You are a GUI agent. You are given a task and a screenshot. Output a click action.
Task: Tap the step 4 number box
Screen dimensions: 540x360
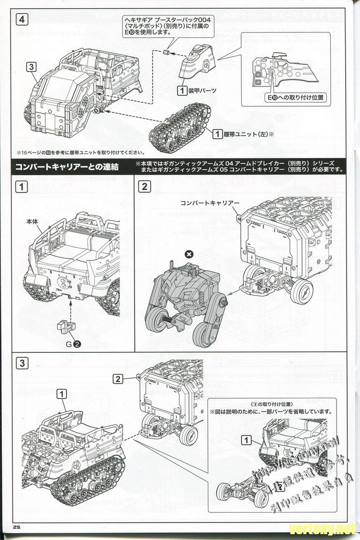pos(22,19)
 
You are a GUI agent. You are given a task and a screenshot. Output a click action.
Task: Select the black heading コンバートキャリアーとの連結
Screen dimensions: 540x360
pos(67,167)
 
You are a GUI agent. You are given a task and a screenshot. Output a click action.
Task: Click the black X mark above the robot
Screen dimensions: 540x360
pos(189,255)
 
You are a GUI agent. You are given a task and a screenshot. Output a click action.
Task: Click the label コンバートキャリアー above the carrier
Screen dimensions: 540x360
pos(210,202)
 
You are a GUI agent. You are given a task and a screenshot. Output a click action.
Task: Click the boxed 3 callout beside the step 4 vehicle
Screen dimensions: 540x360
pos(31,67)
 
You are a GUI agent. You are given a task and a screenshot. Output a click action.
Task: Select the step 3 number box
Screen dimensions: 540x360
pos(22,363)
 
